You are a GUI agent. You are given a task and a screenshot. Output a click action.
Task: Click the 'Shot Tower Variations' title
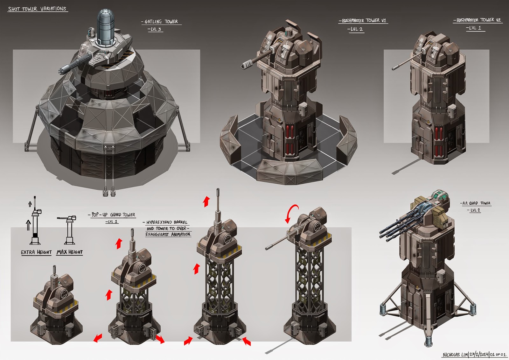click(x=37, y=9)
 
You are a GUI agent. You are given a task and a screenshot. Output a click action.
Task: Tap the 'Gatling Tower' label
click(x=161, y=22)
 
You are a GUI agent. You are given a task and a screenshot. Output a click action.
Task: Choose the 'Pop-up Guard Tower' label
click(x=113, y=215)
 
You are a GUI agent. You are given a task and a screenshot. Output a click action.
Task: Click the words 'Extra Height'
click(x=36, y=252)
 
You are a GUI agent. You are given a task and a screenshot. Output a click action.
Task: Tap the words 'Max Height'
click(x=70, y=252)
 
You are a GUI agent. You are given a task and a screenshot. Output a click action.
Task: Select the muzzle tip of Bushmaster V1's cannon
click(x=245, y=66)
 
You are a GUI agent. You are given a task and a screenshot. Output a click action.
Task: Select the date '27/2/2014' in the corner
click(x=478, y=355)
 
